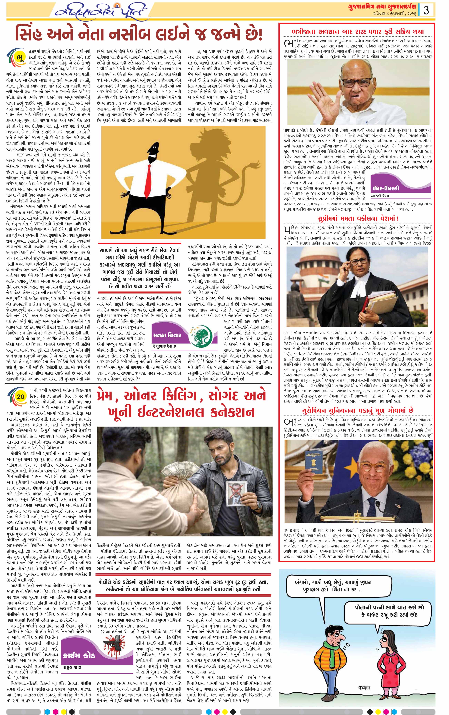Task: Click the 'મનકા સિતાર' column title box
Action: click(167, 335)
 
